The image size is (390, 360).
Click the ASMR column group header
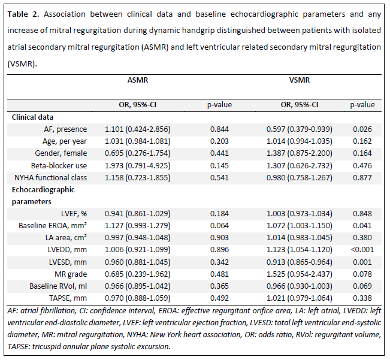pos(138,80)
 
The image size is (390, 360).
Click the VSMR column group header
pos(300,80)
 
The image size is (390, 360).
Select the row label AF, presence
pos(65,129)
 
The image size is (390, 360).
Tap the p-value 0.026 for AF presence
pos(362,129)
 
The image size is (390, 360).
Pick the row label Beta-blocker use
pos(59,165)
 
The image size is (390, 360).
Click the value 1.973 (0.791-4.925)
pos(138,165)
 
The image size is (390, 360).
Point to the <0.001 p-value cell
pos(362,249)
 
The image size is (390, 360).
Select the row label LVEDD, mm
pos(68,250)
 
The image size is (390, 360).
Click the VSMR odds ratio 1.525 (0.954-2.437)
pos(300,274)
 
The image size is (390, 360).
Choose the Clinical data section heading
pos(32,117)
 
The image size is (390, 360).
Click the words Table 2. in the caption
pos(23,14)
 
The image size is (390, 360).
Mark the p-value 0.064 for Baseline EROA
pos(219,225)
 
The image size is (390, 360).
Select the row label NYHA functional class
pos(51,178)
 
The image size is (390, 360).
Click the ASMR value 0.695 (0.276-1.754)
pos(138,153)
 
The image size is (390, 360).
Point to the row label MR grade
pos(71,274)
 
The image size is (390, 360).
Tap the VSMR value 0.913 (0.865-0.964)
pos(300,262)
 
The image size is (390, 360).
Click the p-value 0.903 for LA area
pos(219,237)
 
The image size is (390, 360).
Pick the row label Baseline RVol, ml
pos(58,286)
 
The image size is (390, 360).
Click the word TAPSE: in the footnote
pos(19,347)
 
